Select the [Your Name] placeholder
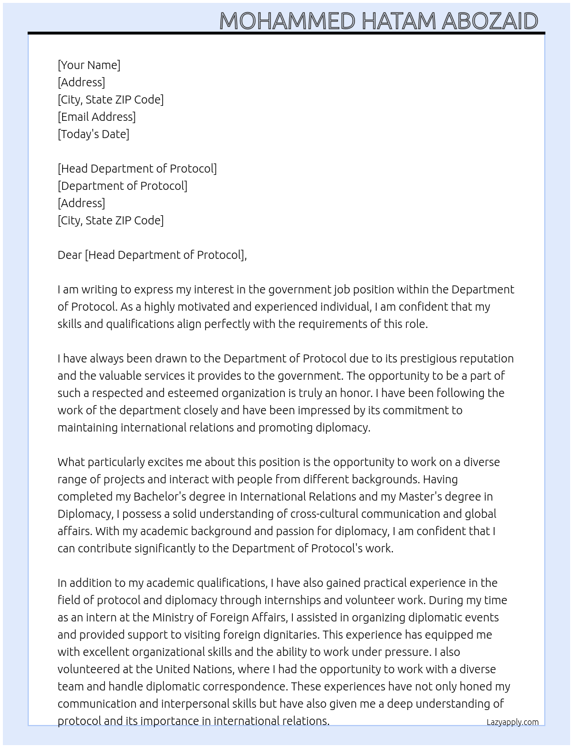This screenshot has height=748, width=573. click(89, 65)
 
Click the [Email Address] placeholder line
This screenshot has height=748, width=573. click(97, 117)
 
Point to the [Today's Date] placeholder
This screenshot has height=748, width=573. click(93, 134)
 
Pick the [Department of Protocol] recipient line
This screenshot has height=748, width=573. click(123, 186)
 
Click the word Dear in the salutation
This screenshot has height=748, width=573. click(70, 255)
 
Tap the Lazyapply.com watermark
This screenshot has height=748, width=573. click(512, 722)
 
